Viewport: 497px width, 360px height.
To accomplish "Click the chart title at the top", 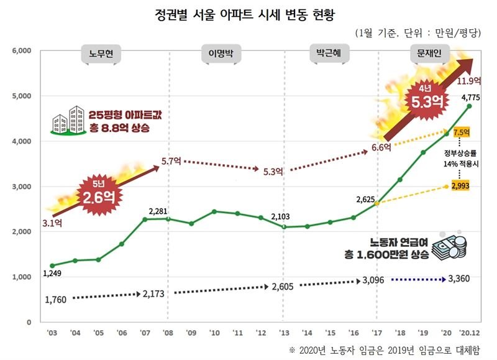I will (248, 14).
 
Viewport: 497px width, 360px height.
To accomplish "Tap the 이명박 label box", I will (220, 55).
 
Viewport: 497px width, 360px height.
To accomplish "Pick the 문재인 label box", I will (426, 55).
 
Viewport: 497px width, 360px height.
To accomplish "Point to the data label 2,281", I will (158, 211).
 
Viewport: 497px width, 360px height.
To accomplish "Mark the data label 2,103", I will (282, 217).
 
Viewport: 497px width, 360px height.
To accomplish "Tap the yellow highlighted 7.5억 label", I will (462, 132).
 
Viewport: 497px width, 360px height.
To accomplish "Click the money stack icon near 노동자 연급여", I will (450, 248).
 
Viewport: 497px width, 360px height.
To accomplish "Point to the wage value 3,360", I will (461, 279).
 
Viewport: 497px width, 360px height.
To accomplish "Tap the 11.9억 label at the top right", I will (468, 81).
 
